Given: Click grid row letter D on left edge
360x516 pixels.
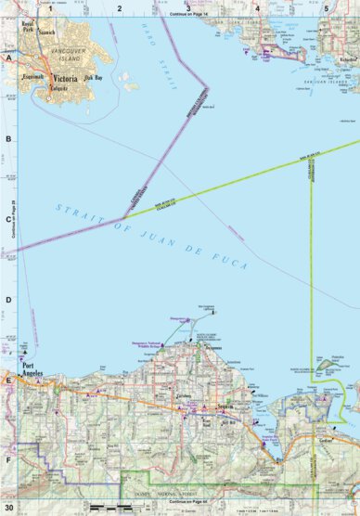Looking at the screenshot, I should click(x=8, y=300).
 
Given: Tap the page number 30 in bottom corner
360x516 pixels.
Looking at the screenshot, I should click(x=9, y=508).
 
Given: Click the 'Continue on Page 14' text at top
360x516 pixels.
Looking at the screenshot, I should click(x=187, y=16).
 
